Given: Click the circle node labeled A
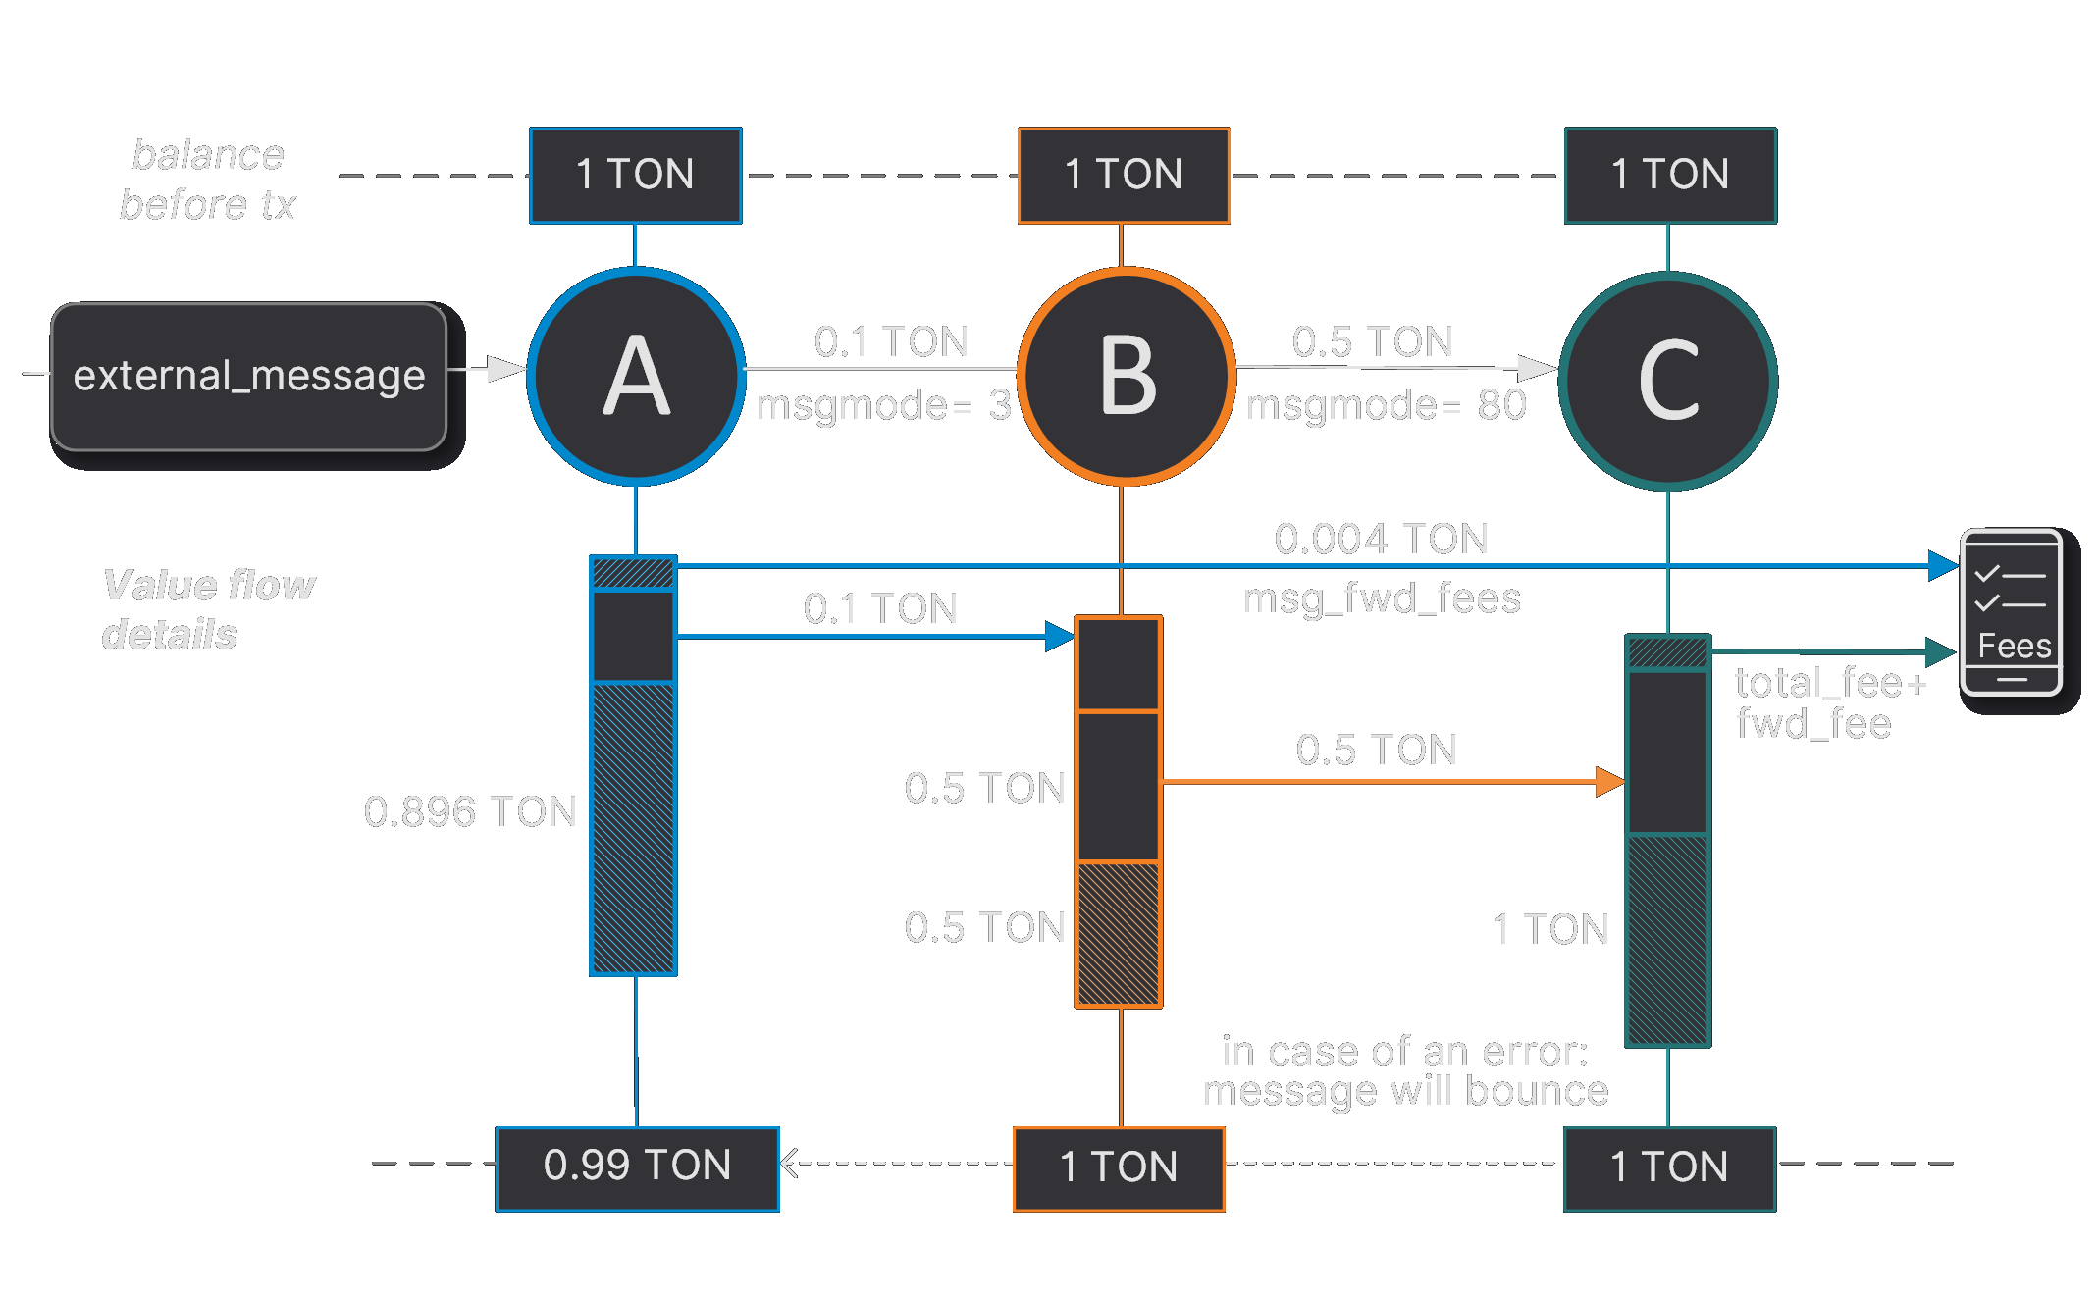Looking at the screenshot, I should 636,377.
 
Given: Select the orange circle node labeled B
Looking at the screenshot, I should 1127,377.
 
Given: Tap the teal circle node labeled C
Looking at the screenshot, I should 1667,381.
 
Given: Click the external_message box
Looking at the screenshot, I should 249,377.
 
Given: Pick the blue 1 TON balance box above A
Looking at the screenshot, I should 636,176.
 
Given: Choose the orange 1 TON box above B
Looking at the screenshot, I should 1124,176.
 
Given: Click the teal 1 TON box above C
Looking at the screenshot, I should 1670,176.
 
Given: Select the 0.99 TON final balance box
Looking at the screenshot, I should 638,1167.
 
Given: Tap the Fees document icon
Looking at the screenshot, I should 2011,612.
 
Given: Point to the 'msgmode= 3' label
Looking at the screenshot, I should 883,405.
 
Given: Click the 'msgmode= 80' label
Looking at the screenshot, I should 1386,405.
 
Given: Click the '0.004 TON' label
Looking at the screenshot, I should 1381,539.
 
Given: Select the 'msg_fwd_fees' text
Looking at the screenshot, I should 1382,598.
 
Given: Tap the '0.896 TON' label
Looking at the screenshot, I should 470,812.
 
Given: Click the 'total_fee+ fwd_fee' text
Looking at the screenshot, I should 1829,702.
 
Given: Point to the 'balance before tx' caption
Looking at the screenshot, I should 208,180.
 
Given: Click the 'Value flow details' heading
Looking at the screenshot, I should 208,609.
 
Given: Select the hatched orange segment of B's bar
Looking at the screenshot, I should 1119,934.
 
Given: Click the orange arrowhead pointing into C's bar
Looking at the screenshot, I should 1609,782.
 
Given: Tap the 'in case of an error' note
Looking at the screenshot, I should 1405,1071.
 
